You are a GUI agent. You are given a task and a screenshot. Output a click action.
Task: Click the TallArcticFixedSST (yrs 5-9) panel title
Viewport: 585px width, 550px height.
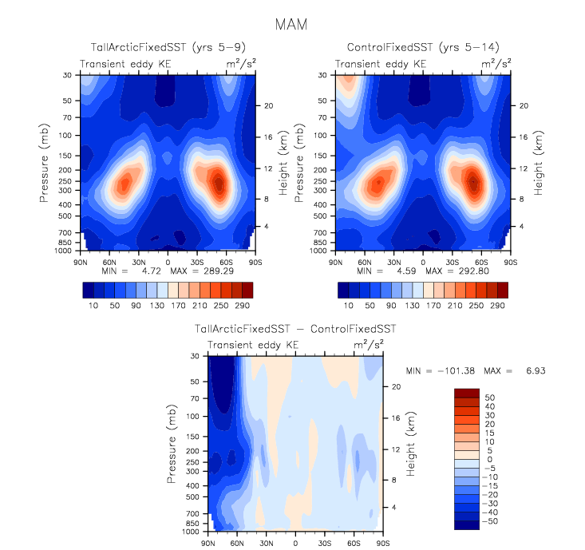168,49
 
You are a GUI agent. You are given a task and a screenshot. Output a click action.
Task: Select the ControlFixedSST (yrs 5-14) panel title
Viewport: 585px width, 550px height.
423,49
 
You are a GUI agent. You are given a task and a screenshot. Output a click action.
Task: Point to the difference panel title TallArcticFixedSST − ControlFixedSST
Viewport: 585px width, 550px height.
295,329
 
